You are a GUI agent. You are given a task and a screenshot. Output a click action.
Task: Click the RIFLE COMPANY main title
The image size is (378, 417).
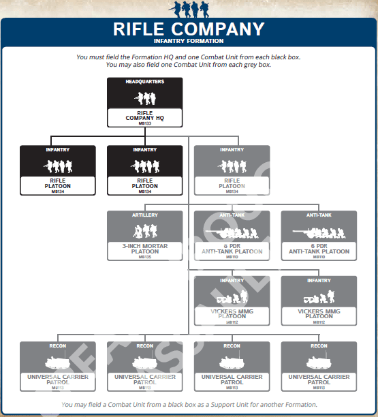[189, 29]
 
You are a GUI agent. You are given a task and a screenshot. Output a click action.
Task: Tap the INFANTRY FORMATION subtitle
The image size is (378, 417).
[189, 41]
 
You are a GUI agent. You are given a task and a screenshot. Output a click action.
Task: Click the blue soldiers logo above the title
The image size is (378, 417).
[189, 9]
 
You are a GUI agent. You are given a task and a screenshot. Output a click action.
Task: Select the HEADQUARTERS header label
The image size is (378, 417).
[144, 82]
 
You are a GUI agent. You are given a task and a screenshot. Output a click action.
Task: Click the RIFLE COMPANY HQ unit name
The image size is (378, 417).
[144, 115]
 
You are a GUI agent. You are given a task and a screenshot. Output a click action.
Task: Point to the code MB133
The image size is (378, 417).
[144, 123]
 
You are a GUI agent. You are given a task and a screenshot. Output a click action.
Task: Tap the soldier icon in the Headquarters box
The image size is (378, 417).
[144, 97]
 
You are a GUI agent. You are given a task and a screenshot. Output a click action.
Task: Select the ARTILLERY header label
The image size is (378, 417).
[144, 215]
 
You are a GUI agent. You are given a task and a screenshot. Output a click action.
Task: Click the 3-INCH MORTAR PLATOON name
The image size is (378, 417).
[144, 248]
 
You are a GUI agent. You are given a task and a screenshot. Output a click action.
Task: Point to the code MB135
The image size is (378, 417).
[144, 257]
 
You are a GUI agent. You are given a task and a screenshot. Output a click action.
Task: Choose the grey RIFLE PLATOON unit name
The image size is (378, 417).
[232, 183]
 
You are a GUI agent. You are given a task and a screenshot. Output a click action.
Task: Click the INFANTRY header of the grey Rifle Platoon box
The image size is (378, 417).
[232, 149]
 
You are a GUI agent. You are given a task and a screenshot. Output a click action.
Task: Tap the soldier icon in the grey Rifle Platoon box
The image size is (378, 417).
[232, 166]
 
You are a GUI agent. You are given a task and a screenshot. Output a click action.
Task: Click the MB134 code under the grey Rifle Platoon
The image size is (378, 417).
[232, 191]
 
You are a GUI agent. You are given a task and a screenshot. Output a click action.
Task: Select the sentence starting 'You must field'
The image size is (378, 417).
[189, 57]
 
